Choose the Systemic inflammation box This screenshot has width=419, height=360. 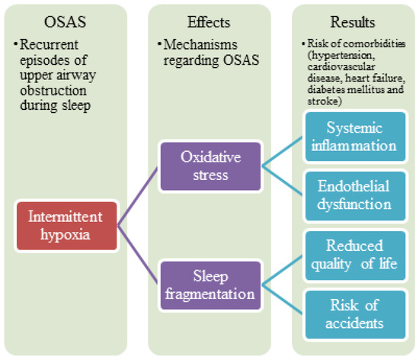tap(353, 136)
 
